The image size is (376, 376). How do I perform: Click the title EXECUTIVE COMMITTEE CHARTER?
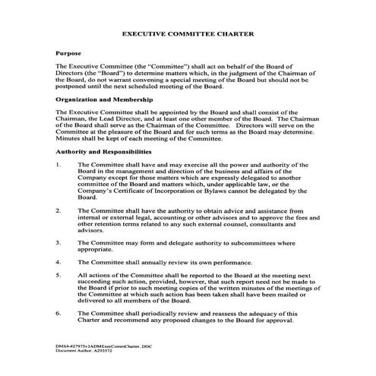pos(188,35)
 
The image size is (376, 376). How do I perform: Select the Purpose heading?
pos(69,56)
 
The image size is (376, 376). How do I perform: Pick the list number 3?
pos(59,242)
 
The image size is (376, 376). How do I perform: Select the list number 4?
pos(59,261)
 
